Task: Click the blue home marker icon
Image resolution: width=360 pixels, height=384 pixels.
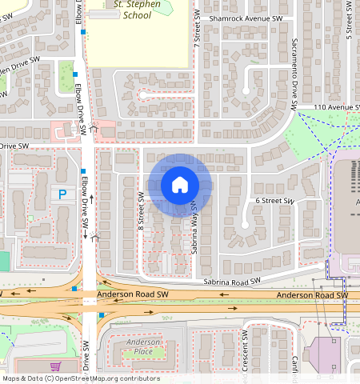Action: click(x=180, y=185)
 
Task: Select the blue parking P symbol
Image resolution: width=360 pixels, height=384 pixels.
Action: click(x=61, y=194)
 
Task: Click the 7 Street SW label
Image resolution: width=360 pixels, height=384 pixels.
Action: click(x=196, y=32)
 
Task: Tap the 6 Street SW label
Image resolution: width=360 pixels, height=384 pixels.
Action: click(x=274, y=201)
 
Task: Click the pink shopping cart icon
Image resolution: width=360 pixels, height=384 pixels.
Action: click(x=55, y=366)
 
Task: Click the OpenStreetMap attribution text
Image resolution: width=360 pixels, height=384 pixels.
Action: click(x=82, y=378)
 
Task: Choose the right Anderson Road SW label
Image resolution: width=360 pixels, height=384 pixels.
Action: click(x=312, y=296)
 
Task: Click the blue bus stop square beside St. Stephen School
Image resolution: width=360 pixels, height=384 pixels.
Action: click(x=84, y=31)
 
